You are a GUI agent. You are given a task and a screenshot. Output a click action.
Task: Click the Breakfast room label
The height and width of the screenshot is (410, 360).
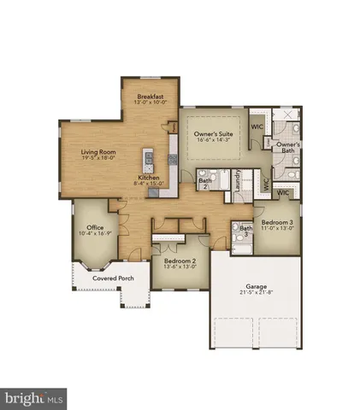point(150,97)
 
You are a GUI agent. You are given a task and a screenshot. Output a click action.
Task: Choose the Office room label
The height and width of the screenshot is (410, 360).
point(95,226)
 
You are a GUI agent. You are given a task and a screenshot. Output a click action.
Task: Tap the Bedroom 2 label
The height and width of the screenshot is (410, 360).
point(174,259)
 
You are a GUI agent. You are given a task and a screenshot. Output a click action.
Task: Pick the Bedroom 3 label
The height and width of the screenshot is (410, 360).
point(278,221)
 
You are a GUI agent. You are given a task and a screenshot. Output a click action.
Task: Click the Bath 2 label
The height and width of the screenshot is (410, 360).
point(205,182)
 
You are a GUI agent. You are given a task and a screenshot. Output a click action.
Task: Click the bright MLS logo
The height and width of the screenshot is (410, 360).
point(34,398)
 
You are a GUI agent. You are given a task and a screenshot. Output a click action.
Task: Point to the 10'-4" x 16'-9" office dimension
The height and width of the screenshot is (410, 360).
point(95,234)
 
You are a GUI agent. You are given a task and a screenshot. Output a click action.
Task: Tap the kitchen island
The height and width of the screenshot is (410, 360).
point(148,160)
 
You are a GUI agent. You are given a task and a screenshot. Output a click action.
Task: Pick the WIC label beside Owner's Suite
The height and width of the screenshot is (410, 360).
point(257,126)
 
